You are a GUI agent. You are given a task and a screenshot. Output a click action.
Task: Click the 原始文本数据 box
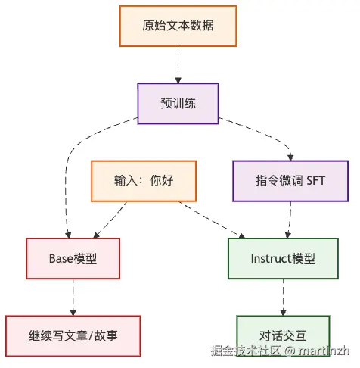pyautogui.click(x=178, y=26)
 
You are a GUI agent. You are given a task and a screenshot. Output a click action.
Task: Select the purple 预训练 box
pyautogui.click(x=178, y=103)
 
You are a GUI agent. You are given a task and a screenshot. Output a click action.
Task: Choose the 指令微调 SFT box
pyautogui.click(x=289, y=181)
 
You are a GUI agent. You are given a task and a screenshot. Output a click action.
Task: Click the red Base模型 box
pyautogui.click(x=73, y=258)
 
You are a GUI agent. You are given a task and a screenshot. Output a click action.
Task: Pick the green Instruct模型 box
pyautogui.click(x=283, y=258)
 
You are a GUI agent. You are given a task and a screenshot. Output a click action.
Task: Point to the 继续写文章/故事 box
pyautogui.click(x=73, y=335)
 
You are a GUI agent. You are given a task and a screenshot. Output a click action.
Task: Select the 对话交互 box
pyautogui.click(x=283, y=335)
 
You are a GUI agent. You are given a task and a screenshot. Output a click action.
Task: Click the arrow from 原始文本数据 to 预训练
pyautogui.click(x=178, y=64)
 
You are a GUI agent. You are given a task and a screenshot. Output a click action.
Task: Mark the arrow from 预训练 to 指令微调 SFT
pyautogui.click(x=261, y=136)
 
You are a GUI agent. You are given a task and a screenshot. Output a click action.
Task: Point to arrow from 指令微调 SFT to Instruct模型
pyautogui.click(x=287, y=220)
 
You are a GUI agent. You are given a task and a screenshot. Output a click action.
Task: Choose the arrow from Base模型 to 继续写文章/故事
pyautogui.click(x=73, y=297)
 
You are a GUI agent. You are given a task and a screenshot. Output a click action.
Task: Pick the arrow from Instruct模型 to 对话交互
pyautogui.click(x=283, y=297)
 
